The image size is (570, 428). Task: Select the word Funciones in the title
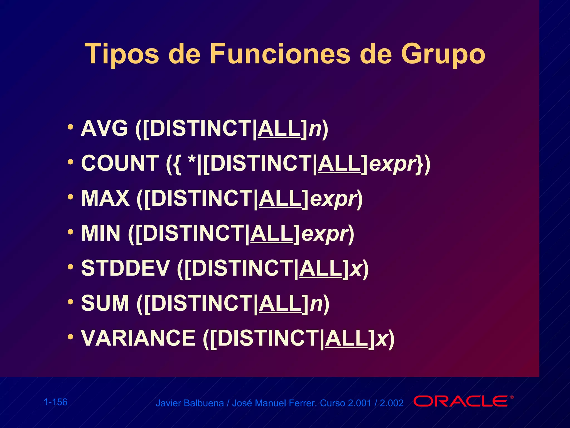(x=280, y=53)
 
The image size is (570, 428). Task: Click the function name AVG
(x=104, y=128)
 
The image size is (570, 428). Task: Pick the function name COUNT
(x=120, y=163)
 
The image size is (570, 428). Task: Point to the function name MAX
(x=105, y=198)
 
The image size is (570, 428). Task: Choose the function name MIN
(x=101, y=234)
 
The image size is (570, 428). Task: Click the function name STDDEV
(x=126, y=268)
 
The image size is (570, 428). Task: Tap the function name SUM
(x=105, y=303)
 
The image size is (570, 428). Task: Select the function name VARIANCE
(x=138, y=338)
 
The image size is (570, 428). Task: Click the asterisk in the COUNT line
(x=192, y=160)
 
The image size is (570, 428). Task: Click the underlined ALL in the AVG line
(x=279, y=128)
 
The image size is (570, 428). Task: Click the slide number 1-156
(x=56, y=402)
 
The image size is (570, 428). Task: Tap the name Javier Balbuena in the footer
(x=190, y=403)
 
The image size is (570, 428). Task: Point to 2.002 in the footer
(x=392, y=403)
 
